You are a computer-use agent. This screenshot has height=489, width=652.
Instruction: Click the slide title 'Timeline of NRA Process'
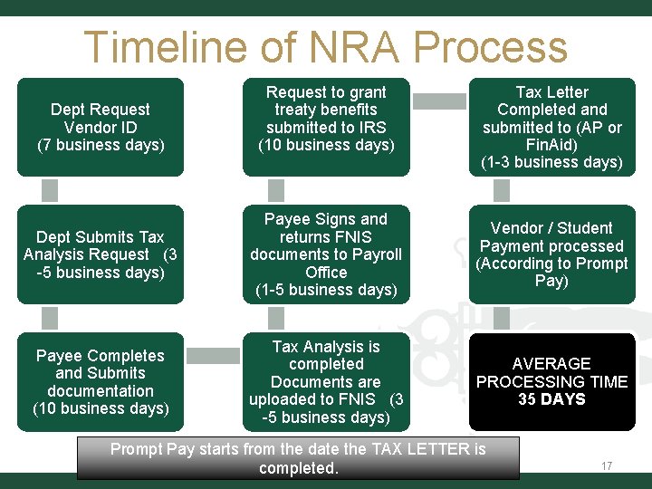point(325,47)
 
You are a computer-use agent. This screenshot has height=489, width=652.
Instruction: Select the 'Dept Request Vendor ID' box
point(100,127)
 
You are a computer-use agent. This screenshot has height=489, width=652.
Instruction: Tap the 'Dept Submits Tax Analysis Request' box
point(100,254)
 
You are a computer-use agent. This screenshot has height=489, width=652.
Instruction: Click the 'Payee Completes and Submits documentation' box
point(100,381)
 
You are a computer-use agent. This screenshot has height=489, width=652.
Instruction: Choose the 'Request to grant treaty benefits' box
point(326,127)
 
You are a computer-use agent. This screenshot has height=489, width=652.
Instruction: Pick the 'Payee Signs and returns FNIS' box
point(326,254)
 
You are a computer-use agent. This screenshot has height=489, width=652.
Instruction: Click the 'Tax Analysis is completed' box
point(326,381)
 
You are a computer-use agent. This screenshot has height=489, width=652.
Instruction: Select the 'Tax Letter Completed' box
point(551,127)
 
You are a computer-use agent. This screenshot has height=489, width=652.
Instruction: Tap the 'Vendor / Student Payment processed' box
point(551,254)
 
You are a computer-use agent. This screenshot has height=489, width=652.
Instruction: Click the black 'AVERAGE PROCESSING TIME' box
point(551,381)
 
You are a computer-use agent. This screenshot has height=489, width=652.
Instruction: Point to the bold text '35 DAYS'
point(551,399)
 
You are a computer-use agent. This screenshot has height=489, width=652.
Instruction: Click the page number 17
point(607,466)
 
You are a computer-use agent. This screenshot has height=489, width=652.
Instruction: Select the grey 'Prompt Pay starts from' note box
point(298,458)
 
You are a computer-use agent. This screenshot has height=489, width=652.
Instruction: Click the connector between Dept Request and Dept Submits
point(50,190)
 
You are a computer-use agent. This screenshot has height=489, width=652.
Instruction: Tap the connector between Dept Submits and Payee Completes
point(50,318)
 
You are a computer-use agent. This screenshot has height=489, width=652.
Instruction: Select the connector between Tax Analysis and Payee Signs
point(276,318)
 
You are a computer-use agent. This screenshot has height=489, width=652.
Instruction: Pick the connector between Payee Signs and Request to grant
point(276,190)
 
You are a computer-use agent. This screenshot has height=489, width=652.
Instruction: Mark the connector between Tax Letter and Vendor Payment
point(502,190)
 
